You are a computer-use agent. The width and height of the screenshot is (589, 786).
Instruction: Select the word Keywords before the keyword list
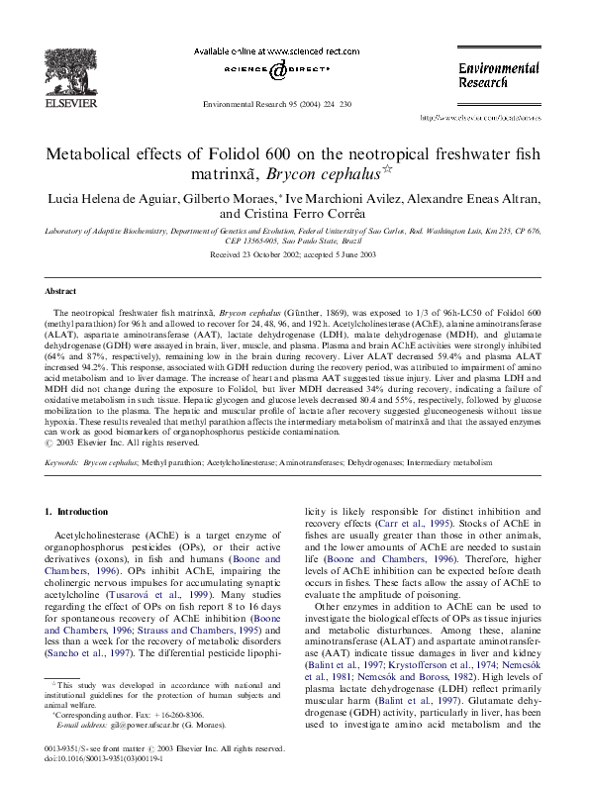pyautogui.click(x=62, y=461)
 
